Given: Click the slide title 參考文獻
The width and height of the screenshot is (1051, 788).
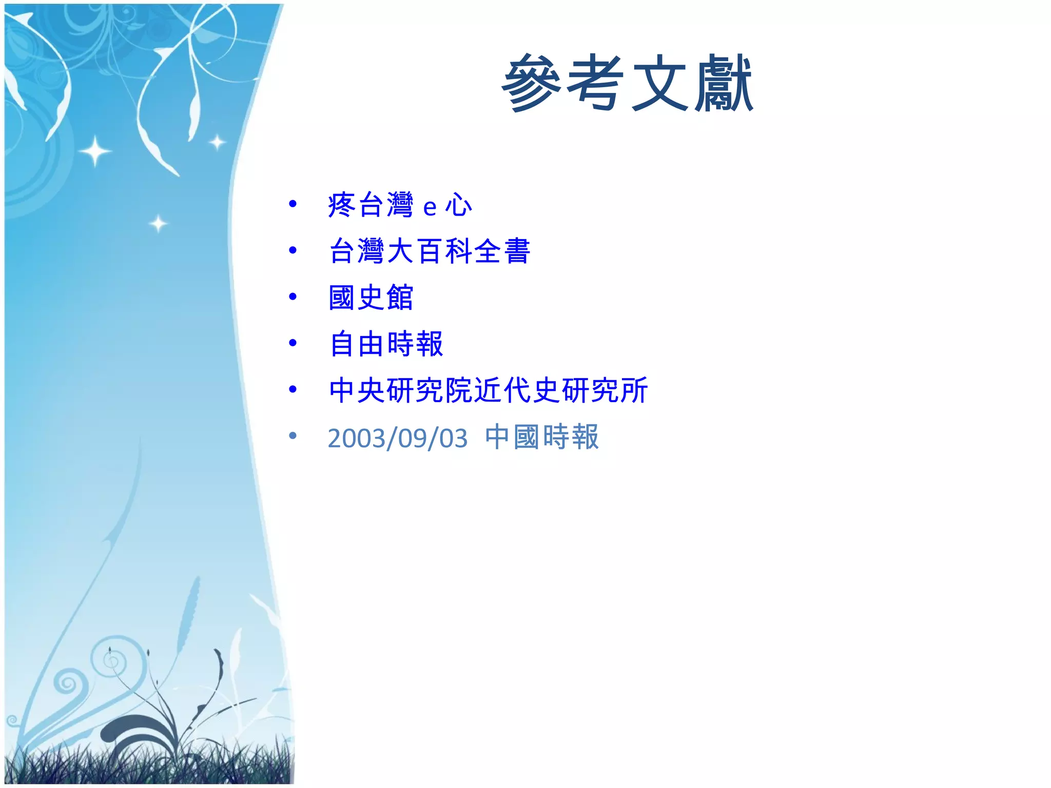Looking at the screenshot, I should tap(627, 84).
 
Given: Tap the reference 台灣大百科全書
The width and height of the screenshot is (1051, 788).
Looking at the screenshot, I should tap(430, 251).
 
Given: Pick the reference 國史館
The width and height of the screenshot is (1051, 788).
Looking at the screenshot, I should tap(371, 298).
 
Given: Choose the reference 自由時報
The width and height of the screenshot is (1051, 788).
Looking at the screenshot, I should tap(386, 344).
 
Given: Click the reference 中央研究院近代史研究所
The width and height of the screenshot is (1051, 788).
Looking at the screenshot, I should tap(488, 390).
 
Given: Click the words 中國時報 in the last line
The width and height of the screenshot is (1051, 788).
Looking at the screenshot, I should tap(542, 437).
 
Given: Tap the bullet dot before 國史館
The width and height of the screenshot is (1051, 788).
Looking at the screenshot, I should tap(293, 297).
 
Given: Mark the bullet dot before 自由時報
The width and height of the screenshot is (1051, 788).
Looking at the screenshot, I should tap(293, 343).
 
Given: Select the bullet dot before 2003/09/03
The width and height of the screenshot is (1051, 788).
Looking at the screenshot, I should tap(293, 436).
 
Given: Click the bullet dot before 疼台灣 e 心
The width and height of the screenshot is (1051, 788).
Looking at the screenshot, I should tap(293, 204).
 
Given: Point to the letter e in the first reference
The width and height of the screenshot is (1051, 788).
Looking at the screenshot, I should tap(430, 207).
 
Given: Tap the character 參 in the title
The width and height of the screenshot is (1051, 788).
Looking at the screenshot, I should tap(532, 84).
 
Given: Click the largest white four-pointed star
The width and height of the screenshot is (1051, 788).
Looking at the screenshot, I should tap(95, 151).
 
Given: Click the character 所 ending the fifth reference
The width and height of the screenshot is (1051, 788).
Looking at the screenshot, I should tap(634, 390).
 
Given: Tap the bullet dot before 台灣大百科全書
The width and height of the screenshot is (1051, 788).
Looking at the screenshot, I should tap(293, 250).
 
